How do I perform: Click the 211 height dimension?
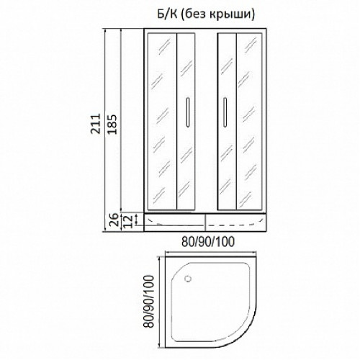pos(96,124)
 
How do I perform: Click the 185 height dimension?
pos(112,124)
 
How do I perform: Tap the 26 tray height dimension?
pos(115,220)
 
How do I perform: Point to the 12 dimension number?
pos(129,221)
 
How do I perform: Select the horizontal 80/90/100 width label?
pos(208,242)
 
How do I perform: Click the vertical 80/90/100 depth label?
pos(149,302)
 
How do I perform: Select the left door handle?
pos(188,112)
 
